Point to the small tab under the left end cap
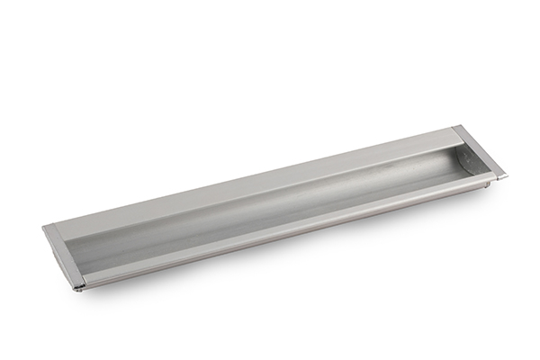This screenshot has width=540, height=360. pos(79,289)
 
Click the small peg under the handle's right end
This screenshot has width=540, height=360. pos(487,186)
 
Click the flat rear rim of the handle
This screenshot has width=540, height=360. pos(252,180)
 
